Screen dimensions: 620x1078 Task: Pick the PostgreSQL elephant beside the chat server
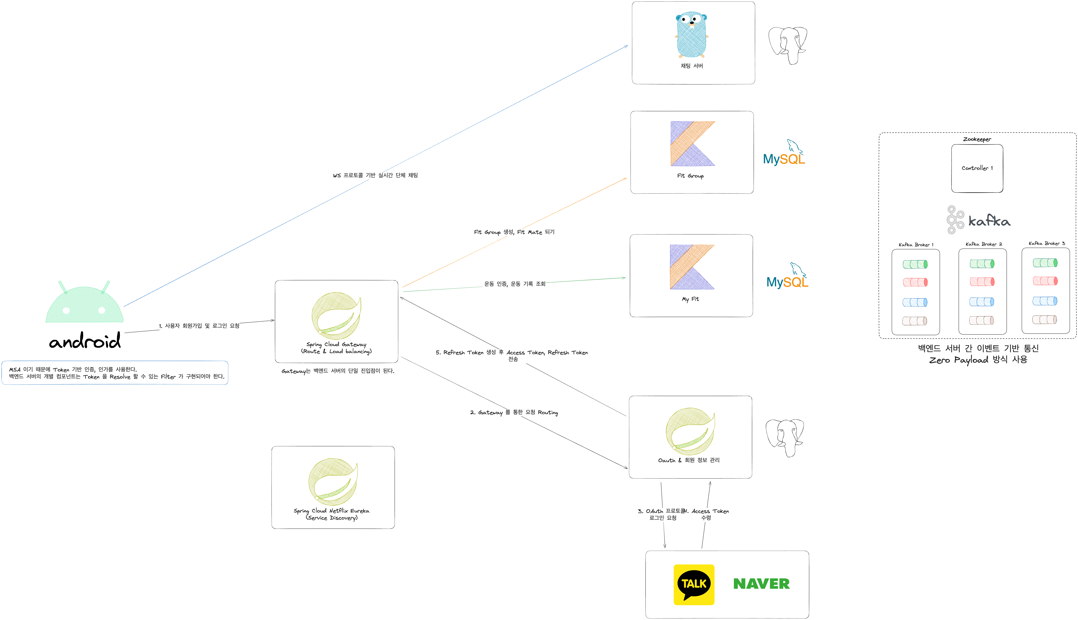(788, 45)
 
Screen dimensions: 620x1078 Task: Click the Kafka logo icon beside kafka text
(955, 220)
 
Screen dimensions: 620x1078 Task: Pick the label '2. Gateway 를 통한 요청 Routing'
(514, 412)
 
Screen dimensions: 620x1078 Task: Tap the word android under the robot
(85, 341)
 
